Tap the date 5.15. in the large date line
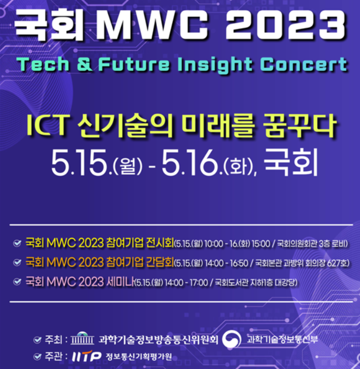(x=82, y=163)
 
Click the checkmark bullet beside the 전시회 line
(x=17, y=243)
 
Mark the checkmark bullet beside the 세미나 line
(x=17, y=282)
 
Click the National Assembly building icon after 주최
(x=83, y=340)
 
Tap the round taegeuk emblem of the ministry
(x=234, y=339)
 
